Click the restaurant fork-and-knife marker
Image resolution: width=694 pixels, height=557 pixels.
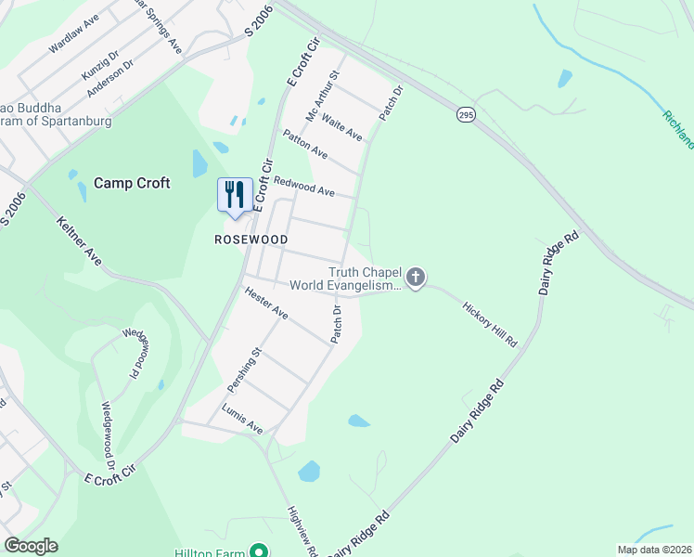[x=234, y=195]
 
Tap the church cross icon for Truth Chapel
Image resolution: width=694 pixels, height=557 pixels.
[x=416, y=277]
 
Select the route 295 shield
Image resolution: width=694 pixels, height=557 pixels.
[x=466, y=114]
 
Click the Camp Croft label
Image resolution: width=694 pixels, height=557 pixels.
[x=131, y=183]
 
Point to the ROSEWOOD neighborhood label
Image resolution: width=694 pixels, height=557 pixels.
[x=251, y=240]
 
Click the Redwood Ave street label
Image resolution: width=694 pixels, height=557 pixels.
[x=303, y=185]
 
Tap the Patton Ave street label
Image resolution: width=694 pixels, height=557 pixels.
[x=305, y=144]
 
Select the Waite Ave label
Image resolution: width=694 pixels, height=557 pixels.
[x=342, y=129]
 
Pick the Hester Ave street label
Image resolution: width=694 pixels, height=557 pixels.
[x=266, y=303]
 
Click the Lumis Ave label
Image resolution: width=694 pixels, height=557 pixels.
[x=242, y=419]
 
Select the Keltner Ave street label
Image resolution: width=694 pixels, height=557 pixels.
[x=78, y=240]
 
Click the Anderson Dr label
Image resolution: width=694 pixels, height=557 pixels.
[x=110, y=80]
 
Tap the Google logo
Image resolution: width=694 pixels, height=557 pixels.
[x=30, y=546]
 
